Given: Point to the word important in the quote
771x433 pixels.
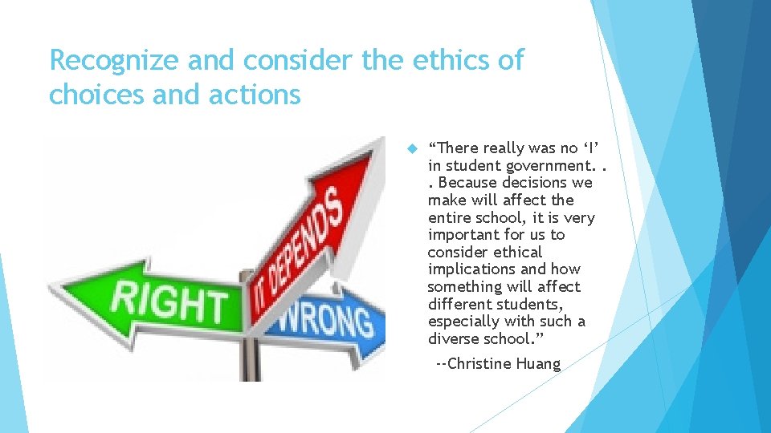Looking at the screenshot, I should pos(463,235).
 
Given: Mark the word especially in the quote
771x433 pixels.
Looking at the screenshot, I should pos(465,322).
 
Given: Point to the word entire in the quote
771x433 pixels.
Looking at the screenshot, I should pos(451,217).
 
